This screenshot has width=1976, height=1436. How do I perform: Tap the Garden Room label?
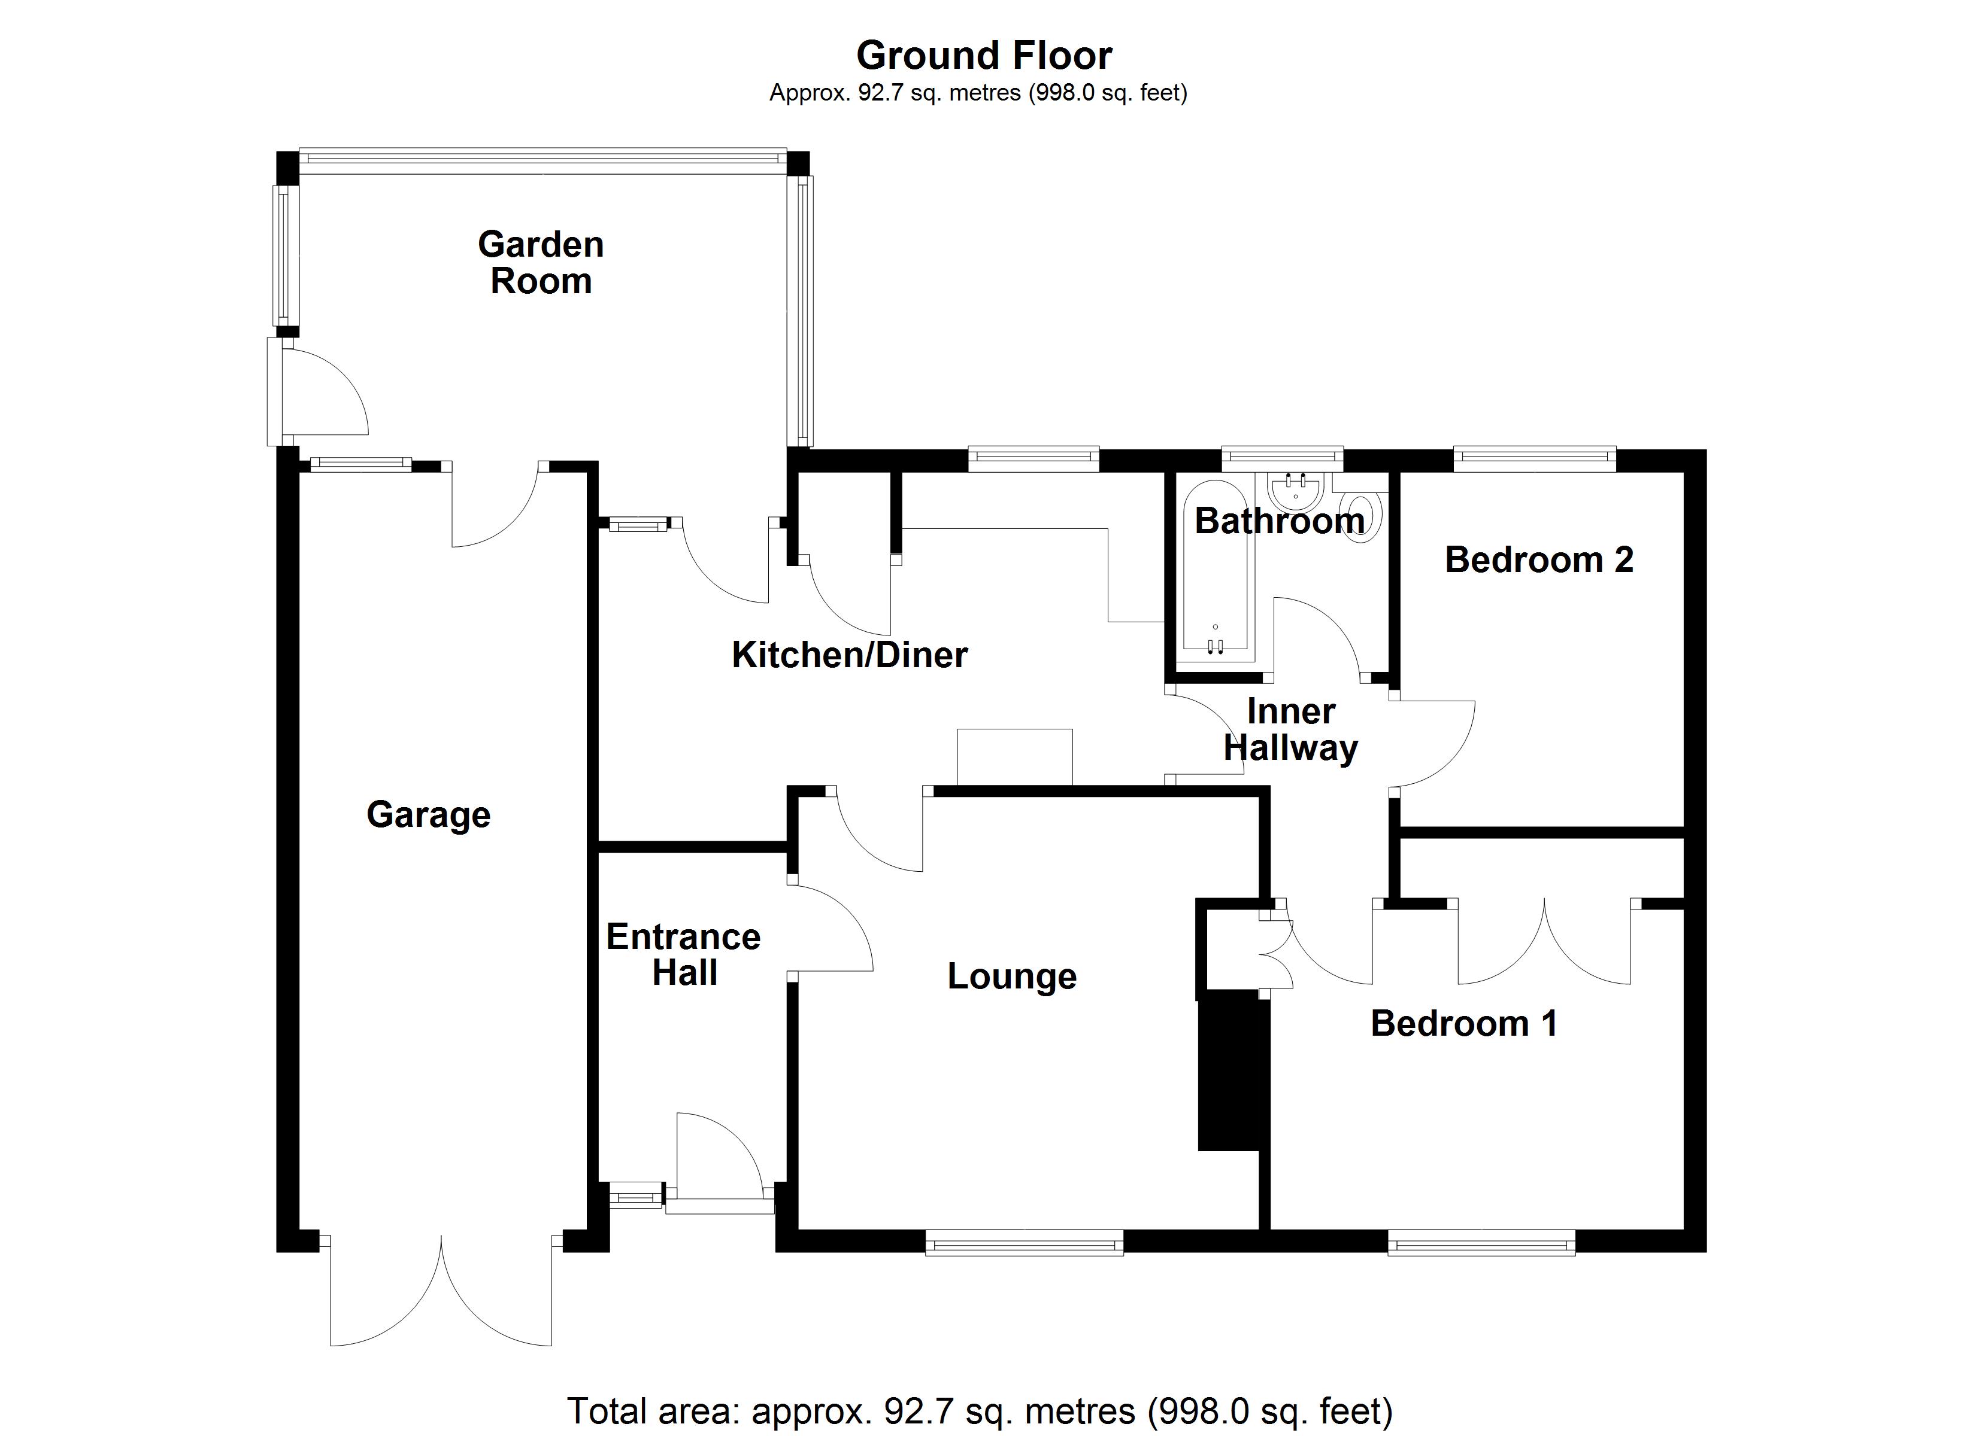click(x=540, y=263)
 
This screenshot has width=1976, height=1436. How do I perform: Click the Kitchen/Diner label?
click(x=850, y=655)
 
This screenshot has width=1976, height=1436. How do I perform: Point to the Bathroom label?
click(x=1279, y=521)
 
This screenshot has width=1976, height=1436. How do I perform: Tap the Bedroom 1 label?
click(x=1463, y=1023)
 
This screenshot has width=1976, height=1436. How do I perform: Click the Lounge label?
click(x=1011, y=976)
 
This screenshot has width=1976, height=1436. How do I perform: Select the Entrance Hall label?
click(x=684, y=954)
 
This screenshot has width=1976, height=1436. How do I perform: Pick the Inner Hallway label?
click(x=1290, y=730)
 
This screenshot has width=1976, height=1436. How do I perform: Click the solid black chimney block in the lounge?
click(x=1229, y=1075)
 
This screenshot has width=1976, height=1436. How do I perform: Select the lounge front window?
click(x=1024, y=1243)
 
